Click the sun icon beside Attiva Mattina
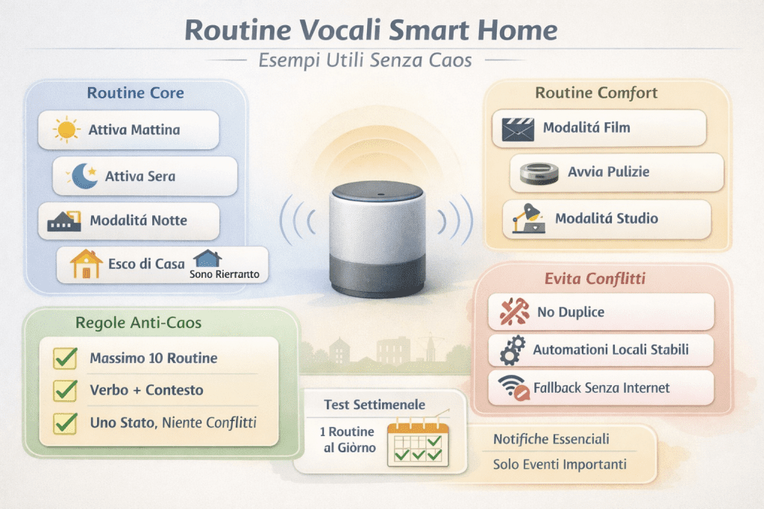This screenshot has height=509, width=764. tap(66, 130)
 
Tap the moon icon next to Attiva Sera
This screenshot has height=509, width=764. tap(83, 176)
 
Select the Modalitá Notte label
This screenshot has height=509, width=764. tap(138, 221)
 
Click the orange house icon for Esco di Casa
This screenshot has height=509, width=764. tap(85, 265)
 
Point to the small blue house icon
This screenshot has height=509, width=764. tap(207, 259)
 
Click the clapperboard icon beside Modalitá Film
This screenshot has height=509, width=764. tap(516, 128)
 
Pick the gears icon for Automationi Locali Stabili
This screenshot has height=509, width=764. tap(513, 350)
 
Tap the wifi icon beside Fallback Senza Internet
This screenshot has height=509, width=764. tap(514, 388)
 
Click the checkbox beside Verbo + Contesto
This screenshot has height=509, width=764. tap(66, 391)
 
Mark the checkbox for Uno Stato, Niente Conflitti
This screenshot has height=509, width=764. tap(66, 423)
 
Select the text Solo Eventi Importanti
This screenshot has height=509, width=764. tap(560, 464)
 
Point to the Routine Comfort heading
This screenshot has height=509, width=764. tap(596, 93)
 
